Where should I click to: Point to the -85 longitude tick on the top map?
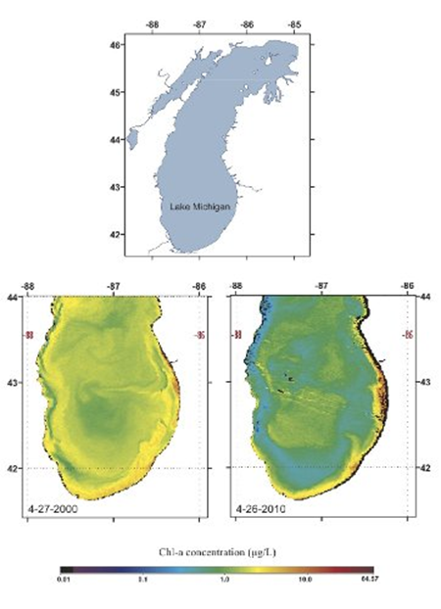(292, 21)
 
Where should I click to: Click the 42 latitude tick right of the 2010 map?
(425, 468)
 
